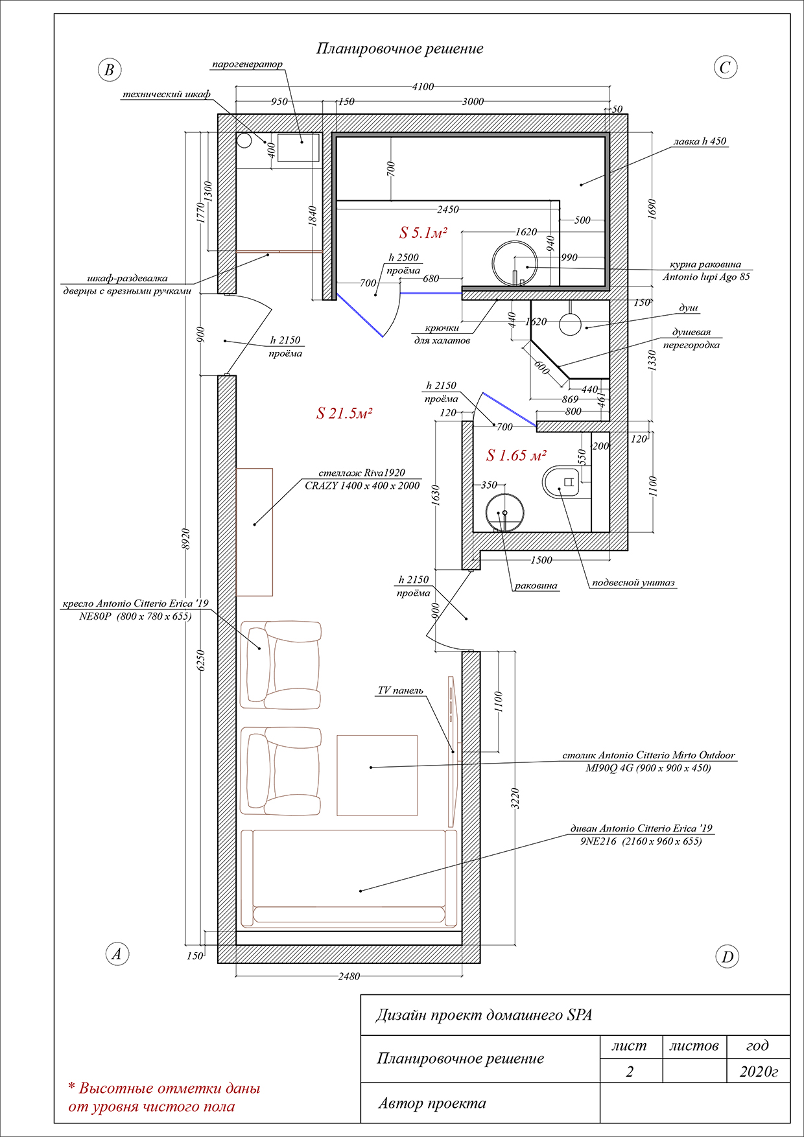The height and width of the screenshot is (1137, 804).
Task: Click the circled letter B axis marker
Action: (x=110, y=70)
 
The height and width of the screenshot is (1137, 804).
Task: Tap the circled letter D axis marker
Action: (x=727, y=957)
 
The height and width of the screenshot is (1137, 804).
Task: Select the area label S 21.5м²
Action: (x=344, y=414)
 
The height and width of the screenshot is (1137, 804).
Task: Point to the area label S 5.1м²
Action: (x=423, y=233)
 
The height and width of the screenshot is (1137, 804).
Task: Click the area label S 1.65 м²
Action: (x=517, y=456)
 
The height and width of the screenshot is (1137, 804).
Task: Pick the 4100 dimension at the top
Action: (x=423, y=87)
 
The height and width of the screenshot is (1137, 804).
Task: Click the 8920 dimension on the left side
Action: (x=186, y=539)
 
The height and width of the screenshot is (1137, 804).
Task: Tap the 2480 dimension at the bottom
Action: (x=349, y=976)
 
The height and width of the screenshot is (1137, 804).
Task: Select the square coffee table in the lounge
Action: (x=377, y=775)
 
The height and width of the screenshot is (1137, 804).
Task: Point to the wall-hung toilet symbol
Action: (x=562, y=482)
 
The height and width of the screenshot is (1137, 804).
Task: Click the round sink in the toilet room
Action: (x=505, y=513)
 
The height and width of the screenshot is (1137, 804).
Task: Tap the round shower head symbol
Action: (x=570, y=324)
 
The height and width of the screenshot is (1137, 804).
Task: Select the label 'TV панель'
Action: (x=401, y=690)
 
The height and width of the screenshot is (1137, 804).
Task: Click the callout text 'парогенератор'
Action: (x=248, y=65)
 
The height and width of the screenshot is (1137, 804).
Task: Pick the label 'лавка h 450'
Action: (x=700, y=141)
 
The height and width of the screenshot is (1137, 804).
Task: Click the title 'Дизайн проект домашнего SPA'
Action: (x=484, y=1015)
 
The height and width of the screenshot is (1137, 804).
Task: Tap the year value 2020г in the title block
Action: (x=759, y=1072)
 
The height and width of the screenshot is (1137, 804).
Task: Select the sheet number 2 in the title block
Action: (x=630, y=1072)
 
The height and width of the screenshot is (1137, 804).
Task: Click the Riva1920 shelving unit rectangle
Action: (x=254, y=532)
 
